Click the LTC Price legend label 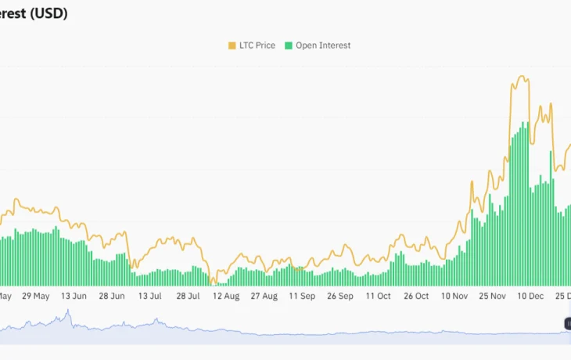[257, 45]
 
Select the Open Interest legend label [323, 45]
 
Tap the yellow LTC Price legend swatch [232, 45]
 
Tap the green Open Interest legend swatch [289, 45]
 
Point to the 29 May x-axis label [36, 297]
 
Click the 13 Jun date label [74, 297]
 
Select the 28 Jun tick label [112, 297]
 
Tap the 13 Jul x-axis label [149, 297]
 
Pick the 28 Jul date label [188, 297]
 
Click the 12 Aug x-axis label [226, 297]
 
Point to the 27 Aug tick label [264, 297]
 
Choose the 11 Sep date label [302, 297]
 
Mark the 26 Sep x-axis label [340, 297]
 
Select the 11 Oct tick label [378, 297]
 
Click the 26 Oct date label [416, 297]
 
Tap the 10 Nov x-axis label [454, 297]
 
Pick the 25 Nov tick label [493, 297]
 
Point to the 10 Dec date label [531, 297]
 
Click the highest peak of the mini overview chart [68, 311]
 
